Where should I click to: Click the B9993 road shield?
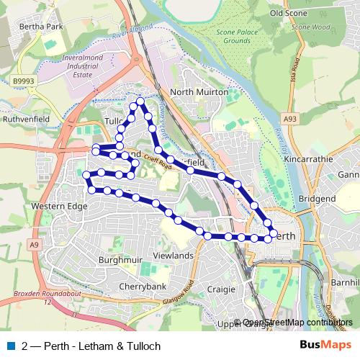tap(22, 83)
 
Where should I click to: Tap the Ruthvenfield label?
tap(26, 117)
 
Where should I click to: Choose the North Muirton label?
tap(199, 92)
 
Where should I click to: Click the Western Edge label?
tap(59, 207)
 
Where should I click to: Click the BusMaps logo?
tap(330, 346)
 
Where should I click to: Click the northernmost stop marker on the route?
tap(140, 102)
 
